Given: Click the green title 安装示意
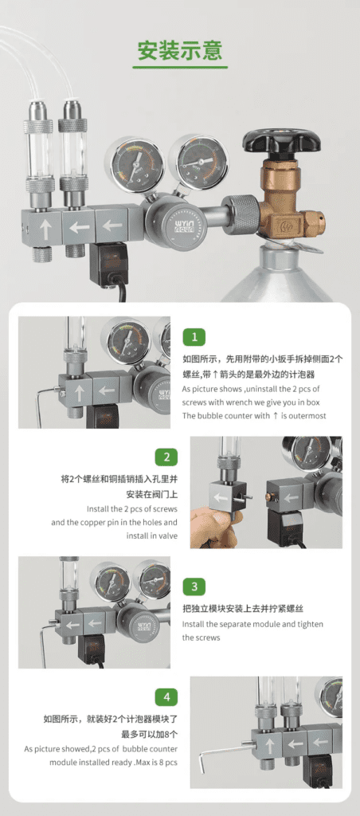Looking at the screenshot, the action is pos(180,50).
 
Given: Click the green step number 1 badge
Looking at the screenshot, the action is pos(194,337).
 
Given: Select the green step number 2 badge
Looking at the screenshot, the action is pos(166,457).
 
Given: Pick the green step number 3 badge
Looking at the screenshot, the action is pos(194,587).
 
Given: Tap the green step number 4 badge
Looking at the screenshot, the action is pos(166,696).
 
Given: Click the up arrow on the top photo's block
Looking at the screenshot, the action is pos(45,227).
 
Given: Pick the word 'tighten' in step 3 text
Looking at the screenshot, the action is pos(309,624).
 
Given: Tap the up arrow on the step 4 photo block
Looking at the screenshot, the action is pos(270,746).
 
